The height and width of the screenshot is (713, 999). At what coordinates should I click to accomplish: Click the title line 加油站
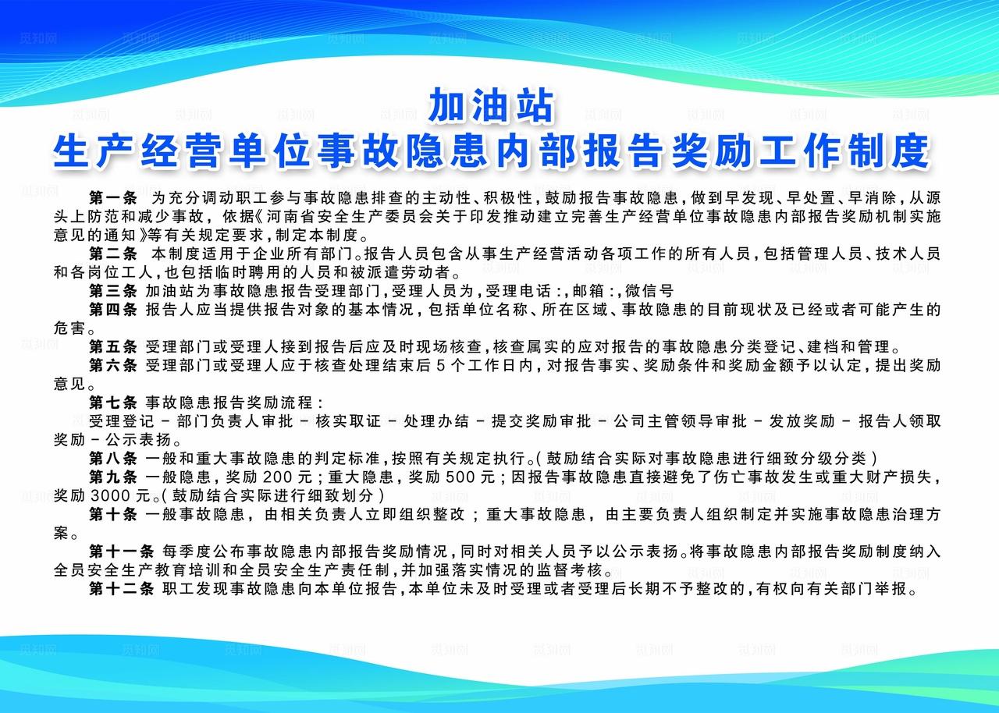pyautogui.click(x=491, y=106)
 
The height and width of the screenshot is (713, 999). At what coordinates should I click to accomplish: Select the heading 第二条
pyautogui.click(x=112, y=254)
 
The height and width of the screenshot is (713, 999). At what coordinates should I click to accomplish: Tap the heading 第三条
pyautogui.click(x=112, y=291)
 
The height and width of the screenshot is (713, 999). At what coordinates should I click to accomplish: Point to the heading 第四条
pyautogui.click(x=112, y=310)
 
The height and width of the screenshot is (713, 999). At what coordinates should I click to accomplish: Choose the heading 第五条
pyautogui.click(x=112, y=346)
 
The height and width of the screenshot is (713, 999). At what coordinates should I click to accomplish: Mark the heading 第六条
pyautogui.click(x=112, y=365)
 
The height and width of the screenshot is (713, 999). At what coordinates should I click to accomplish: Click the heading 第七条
pyautogui.click(x=112, y=403)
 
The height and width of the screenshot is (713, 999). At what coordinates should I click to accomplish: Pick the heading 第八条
pyautogui.click(x=112, y=458)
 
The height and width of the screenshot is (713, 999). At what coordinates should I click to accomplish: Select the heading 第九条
pyautogui.click(x=112, y=477)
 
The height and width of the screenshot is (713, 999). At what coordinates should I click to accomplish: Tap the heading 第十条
pyautogui.click(x=112, y=514)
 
